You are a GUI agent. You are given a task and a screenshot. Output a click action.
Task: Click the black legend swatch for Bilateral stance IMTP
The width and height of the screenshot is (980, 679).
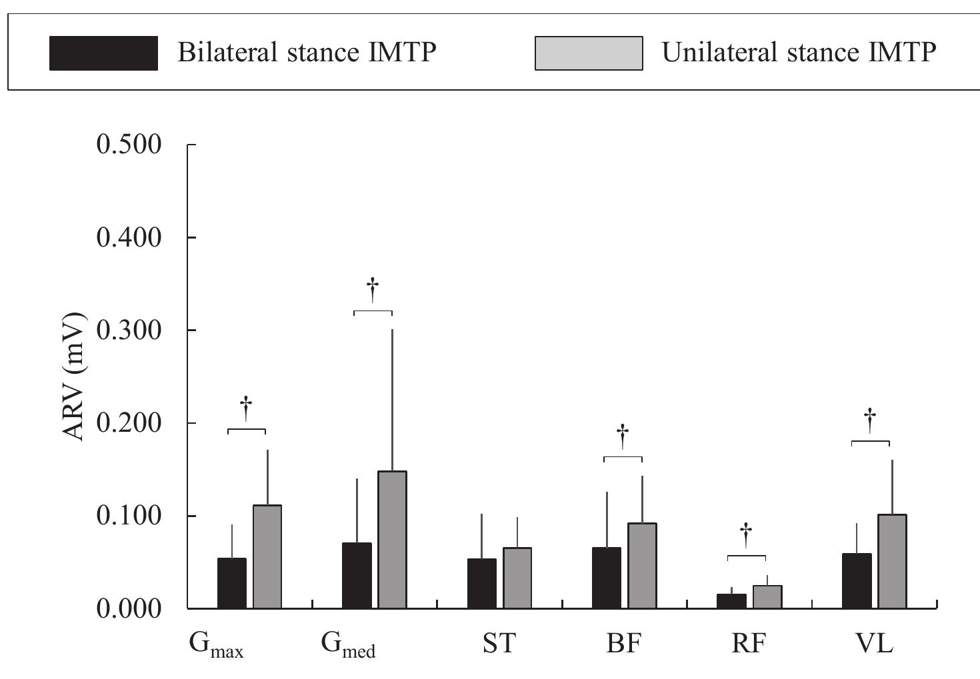coord(103,53)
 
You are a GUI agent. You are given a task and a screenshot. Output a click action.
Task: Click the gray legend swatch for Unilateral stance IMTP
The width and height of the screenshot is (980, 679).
coord(588,53)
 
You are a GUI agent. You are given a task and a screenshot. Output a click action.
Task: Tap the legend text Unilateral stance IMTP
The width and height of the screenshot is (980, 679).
coord(799,52)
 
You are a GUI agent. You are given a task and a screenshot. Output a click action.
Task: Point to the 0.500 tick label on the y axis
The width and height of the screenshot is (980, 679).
coord(129,145)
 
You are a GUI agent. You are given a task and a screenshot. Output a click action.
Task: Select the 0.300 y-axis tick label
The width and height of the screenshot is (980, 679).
coord(129,331)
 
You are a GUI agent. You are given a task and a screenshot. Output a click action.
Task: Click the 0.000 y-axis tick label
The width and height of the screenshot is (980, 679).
coord(129,608)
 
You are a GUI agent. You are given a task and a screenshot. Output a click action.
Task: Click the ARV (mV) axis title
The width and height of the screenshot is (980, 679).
coord(75,376)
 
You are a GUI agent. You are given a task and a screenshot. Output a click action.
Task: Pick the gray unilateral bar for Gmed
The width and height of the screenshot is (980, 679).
coord(392,540)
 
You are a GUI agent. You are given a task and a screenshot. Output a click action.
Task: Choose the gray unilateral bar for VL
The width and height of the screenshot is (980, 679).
coord(892,561)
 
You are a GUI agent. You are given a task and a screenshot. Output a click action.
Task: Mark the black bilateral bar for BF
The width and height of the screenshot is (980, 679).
coord(606,578)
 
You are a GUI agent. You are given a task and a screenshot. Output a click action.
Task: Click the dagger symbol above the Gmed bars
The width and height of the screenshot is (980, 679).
coord(373,290)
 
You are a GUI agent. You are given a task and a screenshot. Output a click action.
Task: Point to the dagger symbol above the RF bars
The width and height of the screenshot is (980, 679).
coord(746,534)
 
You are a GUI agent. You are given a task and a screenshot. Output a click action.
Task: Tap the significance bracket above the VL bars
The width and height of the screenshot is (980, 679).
coord(870,442)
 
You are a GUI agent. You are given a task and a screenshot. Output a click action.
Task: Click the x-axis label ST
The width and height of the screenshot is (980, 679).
coord(499,644)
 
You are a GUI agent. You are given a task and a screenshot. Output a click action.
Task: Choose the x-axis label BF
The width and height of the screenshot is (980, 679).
coord(623,644)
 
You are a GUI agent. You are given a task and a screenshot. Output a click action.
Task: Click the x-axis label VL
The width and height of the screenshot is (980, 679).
coord(874,644)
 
